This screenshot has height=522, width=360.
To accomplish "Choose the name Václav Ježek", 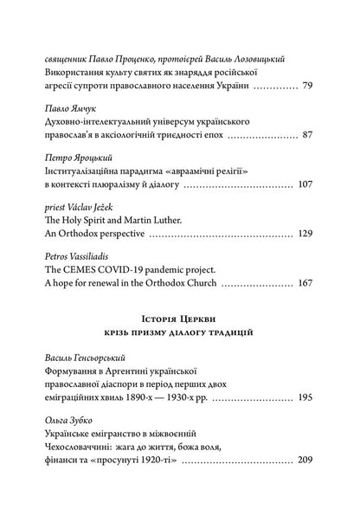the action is [x=95, y=208].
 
